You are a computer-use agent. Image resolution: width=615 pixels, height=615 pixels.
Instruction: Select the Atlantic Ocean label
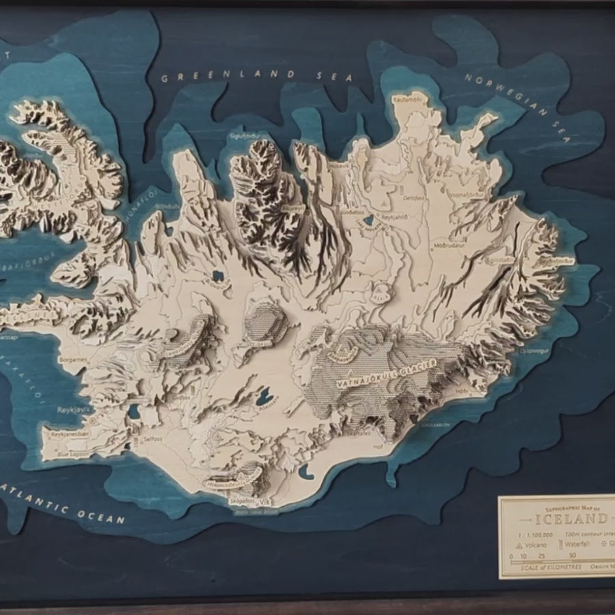(65, 502)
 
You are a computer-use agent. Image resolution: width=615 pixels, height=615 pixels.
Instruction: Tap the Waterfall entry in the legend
(577, 545)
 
